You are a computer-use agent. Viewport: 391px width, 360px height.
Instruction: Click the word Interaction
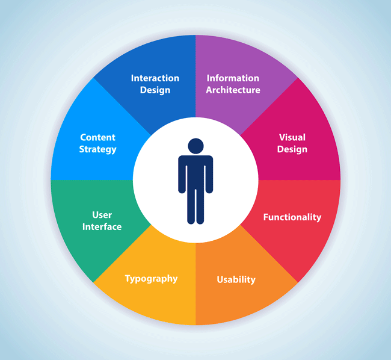tap(155, 78)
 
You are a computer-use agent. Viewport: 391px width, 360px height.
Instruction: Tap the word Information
tap(233, 78)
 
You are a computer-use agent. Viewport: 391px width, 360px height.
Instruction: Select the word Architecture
tap(233, 90)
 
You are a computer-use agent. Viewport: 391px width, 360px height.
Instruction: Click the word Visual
tap(292, 137)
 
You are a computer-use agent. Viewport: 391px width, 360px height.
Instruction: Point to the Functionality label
tap(292, 217)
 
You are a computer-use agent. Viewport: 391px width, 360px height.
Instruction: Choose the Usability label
tap(236, 279)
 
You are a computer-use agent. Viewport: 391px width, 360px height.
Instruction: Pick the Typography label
tap(152, 279)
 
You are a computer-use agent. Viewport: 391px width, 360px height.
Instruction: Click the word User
tap(102, 215)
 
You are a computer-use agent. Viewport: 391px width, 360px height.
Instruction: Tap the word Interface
tap(102, 227)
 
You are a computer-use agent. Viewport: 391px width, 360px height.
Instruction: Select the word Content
tap(97, 137)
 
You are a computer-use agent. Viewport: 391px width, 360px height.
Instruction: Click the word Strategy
tap(97, 149)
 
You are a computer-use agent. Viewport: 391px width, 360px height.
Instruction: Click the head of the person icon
tap(195, 146)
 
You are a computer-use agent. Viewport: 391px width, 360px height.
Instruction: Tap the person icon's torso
tap(195, 172)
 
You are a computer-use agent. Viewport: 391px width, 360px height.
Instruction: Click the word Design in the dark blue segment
tap(155, 90)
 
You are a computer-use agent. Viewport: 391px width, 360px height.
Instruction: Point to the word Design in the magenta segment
tap(292, 149)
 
